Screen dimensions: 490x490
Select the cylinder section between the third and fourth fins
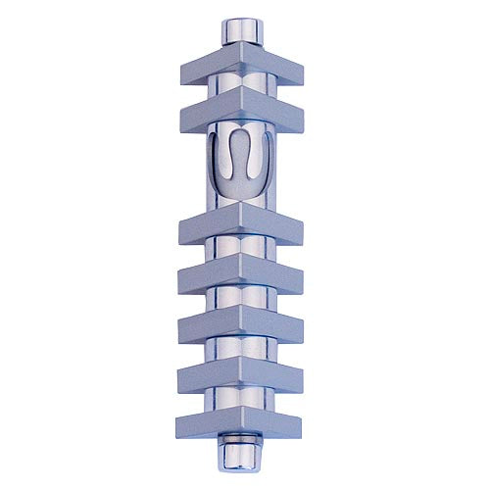pos(241,253)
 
